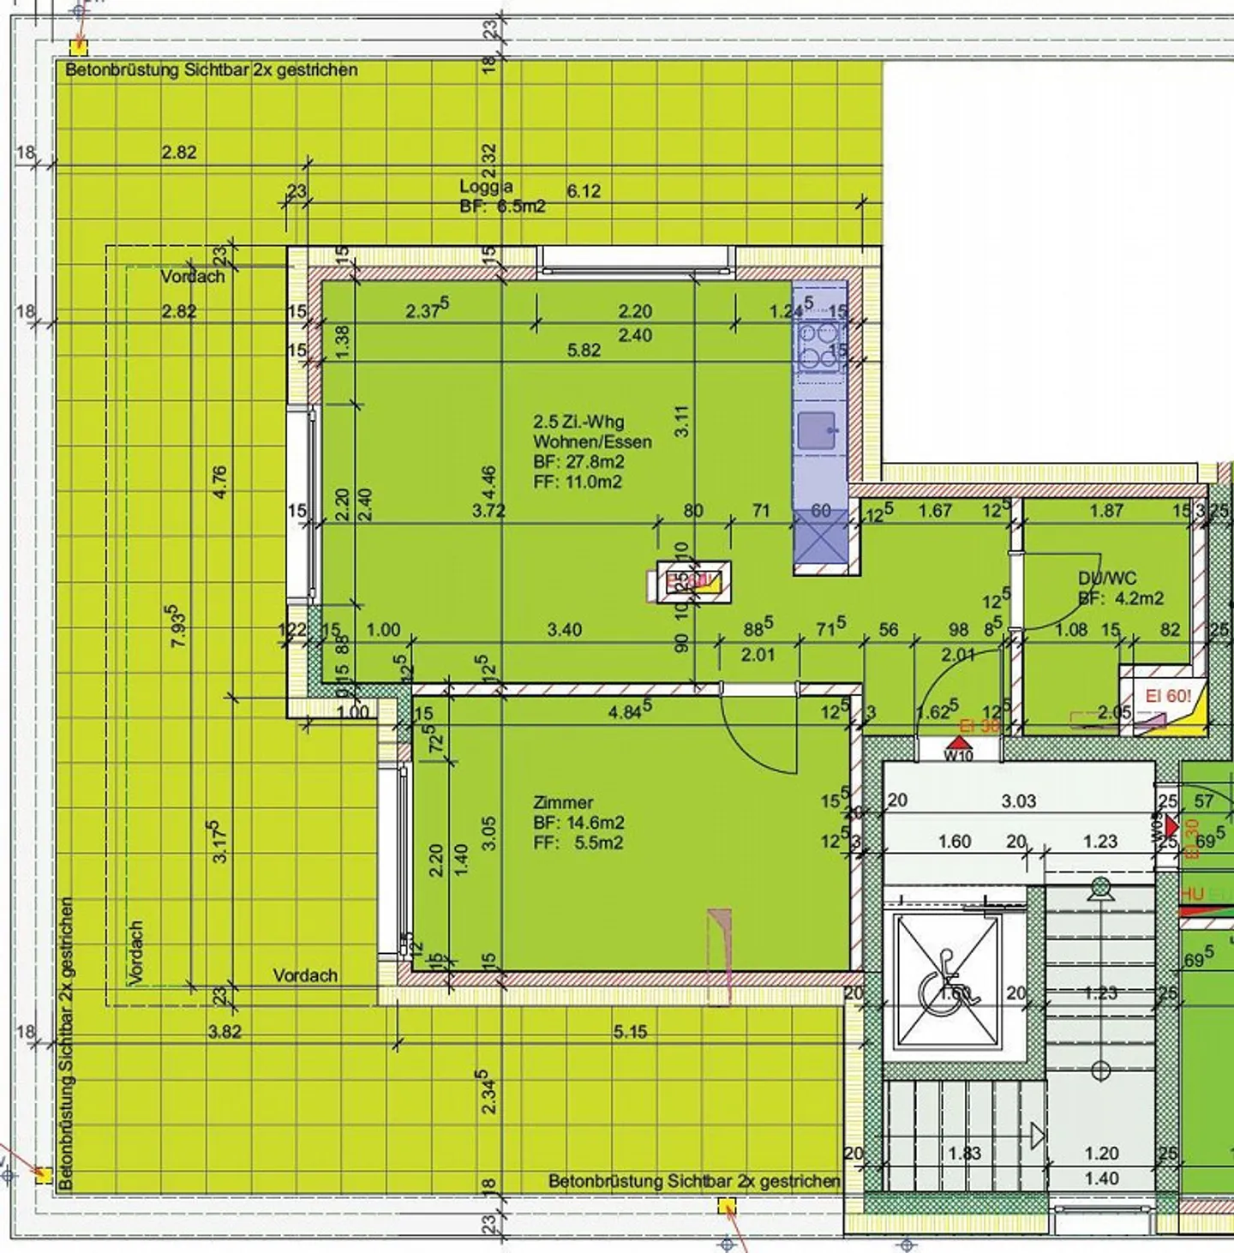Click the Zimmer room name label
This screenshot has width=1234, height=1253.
(x=563, y=803)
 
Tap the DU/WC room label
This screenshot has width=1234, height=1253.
(x=1106, y=579)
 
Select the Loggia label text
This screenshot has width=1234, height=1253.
(x=486, y=187)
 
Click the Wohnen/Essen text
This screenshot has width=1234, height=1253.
(x=592, y=442)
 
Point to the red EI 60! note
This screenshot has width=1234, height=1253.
(x=1168, y=696)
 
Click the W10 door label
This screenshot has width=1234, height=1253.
(x=958, y=755)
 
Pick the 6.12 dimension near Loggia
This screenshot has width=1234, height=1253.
(x=584, y=191)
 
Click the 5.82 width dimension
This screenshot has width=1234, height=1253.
(x=584, y=350)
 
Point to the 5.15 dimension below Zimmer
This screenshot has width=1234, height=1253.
(x=630, y=1032)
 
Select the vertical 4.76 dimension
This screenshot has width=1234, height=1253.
(x=219, y=483)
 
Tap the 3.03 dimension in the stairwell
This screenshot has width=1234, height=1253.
(x=1019, y=801)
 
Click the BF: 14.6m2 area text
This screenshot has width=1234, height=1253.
(x=578, y=823)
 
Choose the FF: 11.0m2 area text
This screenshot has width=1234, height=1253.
(x=577, y=482)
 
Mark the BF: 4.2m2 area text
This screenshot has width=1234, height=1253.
(x=1120, y=598)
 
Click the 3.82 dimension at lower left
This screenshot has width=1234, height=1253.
(x=225, y=1032)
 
